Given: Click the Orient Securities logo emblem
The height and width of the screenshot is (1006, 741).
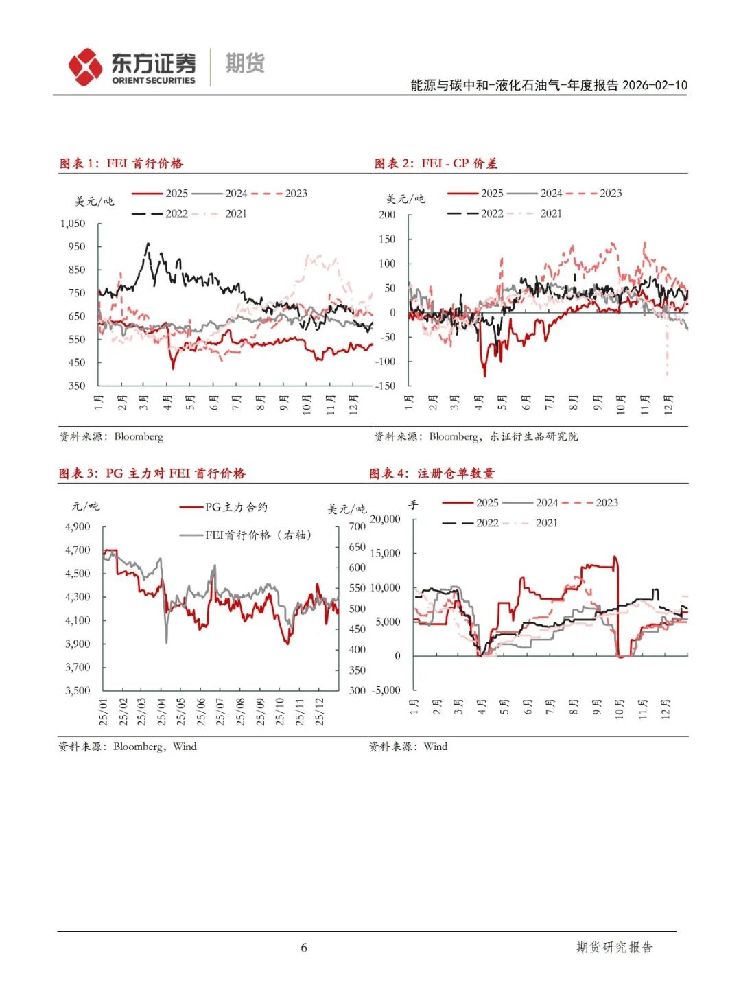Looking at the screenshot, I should [85, 67].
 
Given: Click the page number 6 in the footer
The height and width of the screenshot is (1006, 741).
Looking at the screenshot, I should [304, 948].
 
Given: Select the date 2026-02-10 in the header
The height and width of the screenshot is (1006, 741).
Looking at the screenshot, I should [655, 85].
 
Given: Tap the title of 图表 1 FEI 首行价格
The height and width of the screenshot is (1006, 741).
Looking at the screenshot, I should [121, 163].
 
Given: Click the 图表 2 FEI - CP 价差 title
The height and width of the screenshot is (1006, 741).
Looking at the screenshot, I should [436, 163].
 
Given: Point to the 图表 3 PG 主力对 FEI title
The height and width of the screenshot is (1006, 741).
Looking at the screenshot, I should [152, 473].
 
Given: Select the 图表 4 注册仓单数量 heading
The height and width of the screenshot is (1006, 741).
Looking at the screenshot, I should [432, 473].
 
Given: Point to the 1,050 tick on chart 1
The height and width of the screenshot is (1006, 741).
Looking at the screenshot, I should [73, 224].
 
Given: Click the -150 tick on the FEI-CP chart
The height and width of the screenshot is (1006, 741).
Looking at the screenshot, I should [385, 386].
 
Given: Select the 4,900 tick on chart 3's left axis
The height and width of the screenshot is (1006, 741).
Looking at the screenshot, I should [78, 526].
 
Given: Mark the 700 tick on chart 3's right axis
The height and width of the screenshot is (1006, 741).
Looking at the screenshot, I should [357, 526].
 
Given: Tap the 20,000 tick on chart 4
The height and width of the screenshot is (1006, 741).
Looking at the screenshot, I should [385, 519].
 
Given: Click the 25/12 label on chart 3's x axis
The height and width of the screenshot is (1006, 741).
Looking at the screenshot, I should [320, 712].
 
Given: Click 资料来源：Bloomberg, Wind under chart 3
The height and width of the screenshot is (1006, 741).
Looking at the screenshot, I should [128, 747].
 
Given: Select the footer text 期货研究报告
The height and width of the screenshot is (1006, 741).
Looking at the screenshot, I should [615, 948].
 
